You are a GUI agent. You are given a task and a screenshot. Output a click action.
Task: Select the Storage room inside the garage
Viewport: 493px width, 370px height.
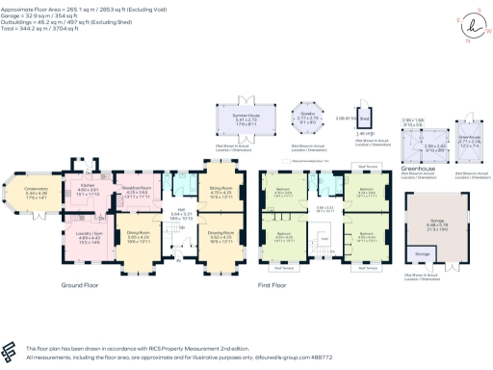[421, 254]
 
